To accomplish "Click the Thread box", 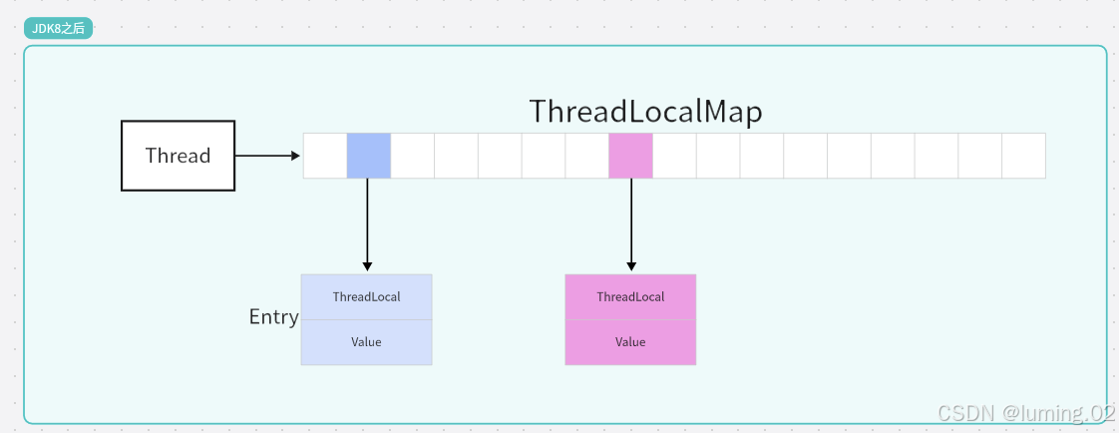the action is point(178,156).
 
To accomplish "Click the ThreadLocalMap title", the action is point(646,112).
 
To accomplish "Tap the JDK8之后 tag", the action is point(59,29).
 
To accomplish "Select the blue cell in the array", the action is point(369,156).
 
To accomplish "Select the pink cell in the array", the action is point(631,156).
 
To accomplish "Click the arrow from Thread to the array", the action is point(267,156).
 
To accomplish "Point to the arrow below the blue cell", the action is point(368,224).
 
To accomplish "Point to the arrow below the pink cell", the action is point(631,224).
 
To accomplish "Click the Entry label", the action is point(274,316).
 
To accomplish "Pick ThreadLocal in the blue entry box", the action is point(367,296).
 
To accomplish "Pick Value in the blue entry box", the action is point(366,342).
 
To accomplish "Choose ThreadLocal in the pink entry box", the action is point(631,296).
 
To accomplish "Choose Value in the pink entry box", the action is point(630,342).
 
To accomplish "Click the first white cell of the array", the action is point(325,156).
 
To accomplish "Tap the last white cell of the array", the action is point(1024,156).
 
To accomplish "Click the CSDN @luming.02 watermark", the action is point(1025,413).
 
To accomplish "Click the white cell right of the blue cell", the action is point(413,156).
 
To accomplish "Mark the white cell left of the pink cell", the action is point(587,156).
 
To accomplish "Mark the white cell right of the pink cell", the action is point(674,156).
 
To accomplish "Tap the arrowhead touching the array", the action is point(296,156).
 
